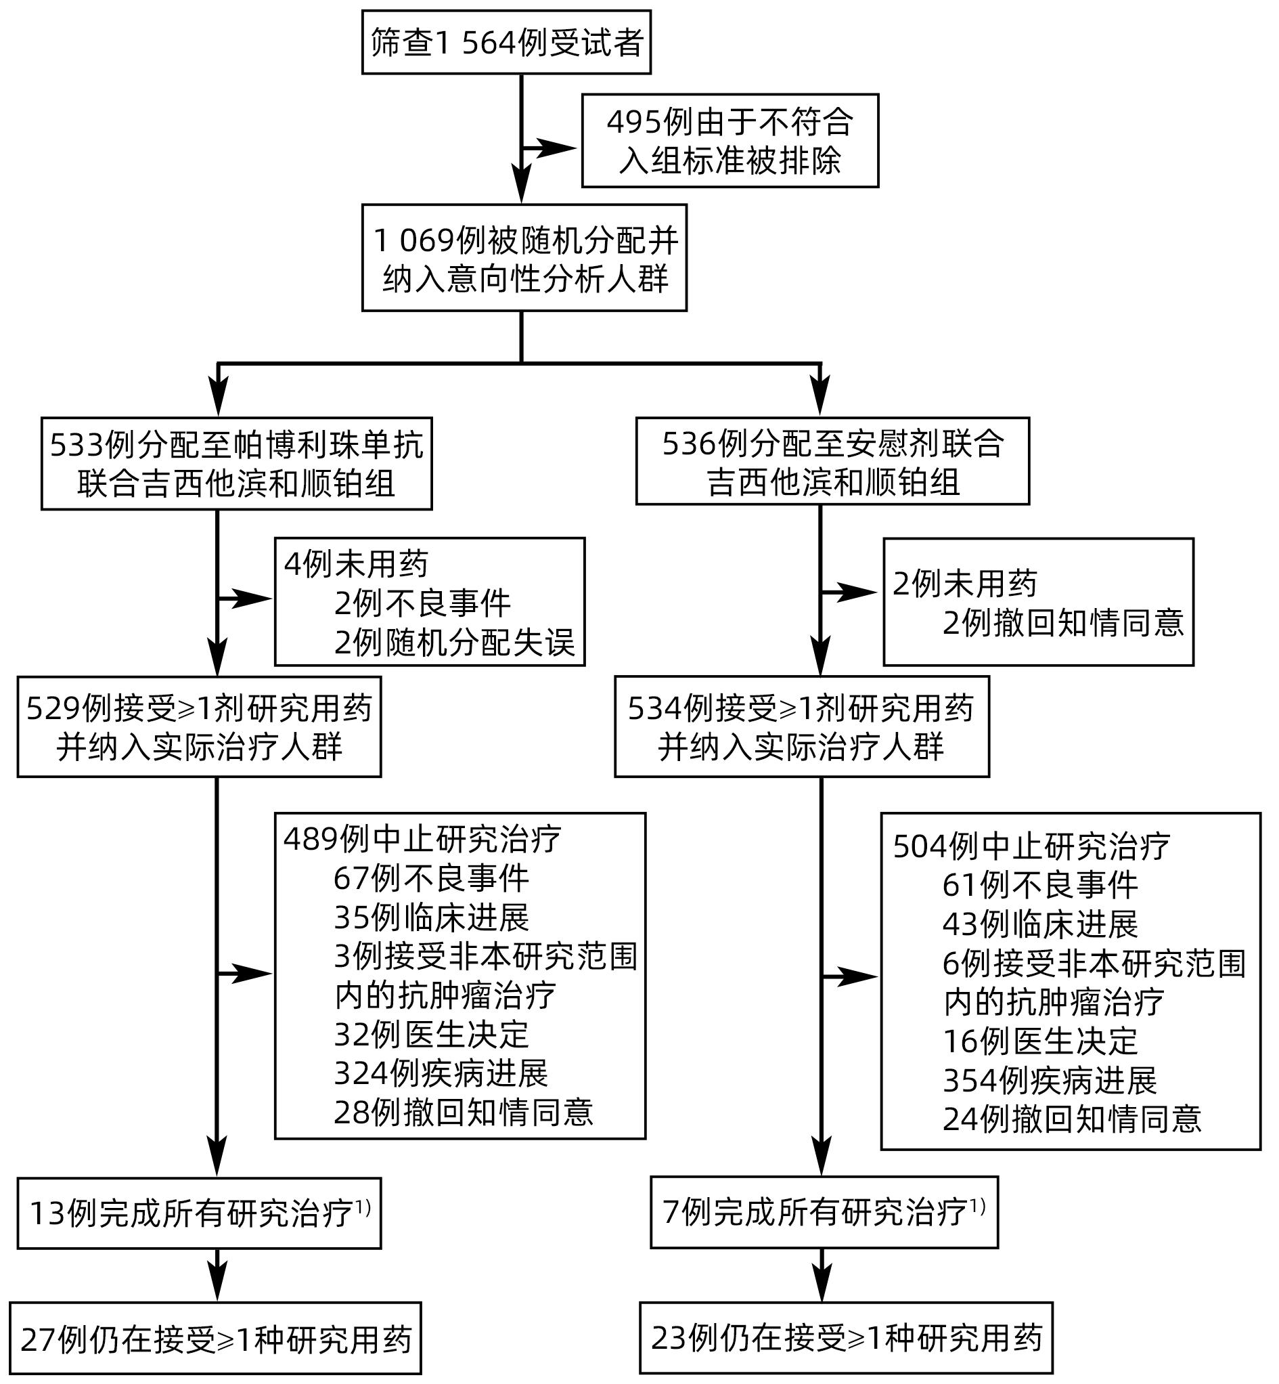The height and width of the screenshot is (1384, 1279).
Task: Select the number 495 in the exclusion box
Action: click(633, 123)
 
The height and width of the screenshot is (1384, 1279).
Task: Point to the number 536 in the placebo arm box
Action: click(690, 444)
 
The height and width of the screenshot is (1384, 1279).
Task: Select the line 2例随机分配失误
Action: click(454, 643)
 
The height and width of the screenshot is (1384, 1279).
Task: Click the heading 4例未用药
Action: click(356, 564)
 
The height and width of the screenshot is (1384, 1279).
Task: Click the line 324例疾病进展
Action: click(441, 1074)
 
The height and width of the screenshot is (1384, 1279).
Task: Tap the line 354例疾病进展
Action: click(1049, 1080)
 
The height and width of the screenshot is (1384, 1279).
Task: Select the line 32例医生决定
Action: click(431, 1035)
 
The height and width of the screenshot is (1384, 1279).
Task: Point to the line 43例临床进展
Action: click(1039, 924)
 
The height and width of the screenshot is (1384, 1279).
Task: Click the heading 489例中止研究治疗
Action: click(422, 839)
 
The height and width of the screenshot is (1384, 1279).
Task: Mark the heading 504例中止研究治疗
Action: click(1031, 846)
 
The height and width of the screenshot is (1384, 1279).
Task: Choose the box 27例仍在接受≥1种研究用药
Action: click(215, 1339)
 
